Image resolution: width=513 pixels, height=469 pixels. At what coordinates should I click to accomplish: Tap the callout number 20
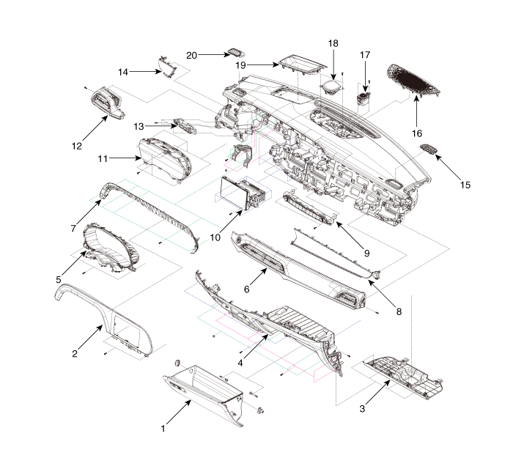(192, 54)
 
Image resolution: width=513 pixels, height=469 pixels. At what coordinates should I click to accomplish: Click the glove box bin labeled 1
(202, 388)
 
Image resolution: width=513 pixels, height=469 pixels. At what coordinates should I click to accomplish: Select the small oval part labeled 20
(235, 51)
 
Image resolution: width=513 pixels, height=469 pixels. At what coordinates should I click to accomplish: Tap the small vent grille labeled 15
(428, 150)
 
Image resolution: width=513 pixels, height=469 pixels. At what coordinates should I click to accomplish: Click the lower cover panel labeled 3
(402, 369)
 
